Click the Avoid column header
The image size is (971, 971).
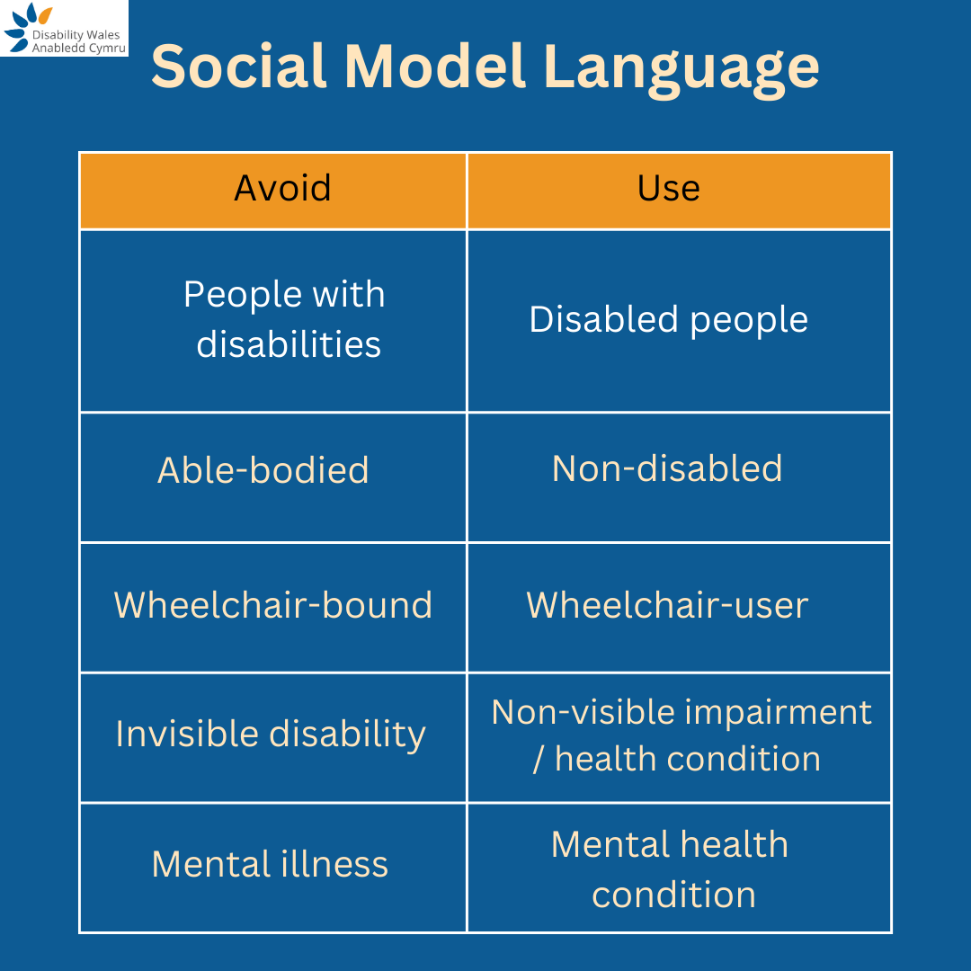click(x=282, y=188)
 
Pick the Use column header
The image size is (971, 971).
click(x=669, y=188)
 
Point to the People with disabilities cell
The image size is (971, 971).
click(x=284, y=319)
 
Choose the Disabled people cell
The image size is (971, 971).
click(x=669, y=319)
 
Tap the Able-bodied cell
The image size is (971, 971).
click(x=263, y=470)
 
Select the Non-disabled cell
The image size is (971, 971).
click(x=667, y=468)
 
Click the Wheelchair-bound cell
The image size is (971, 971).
click(x=273, y=605)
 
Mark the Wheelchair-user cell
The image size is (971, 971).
click(x=667, y=605)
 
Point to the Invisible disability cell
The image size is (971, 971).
click(x=271, y=735)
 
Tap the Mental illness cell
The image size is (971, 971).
click(x=270, y=864)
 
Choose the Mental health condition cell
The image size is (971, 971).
click(x=671, y=869)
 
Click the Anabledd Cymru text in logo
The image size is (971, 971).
click(x=79, y=48)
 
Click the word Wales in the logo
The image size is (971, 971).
click(x=103, y=34)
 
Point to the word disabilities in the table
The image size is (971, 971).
click(x=289, y=344)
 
